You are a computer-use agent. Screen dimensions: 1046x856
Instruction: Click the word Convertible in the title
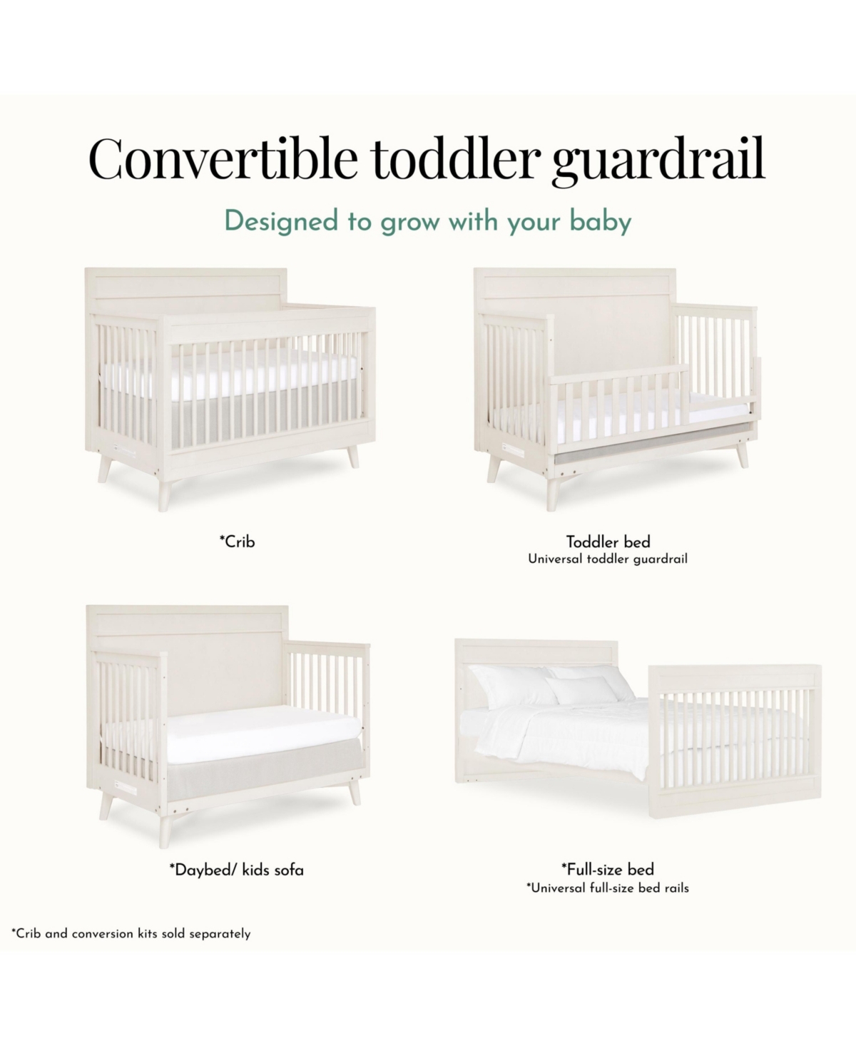pos(223,158)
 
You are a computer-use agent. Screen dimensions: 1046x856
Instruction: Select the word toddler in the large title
pos(453,158)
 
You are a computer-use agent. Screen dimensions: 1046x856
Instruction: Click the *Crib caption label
pos(237,542)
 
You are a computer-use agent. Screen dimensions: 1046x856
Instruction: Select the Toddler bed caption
pos(608,542)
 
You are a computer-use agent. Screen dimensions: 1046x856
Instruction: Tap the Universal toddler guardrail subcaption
pos(608,559)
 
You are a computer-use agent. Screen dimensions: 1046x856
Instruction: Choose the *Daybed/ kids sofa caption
pos(237,870)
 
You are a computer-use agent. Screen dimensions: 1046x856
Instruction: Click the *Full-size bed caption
pos(608,868)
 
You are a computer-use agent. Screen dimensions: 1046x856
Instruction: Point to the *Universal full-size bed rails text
pos(608,888)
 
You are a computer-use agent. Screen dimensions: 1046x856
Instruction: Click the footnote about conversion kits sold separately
pos(131,933)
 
